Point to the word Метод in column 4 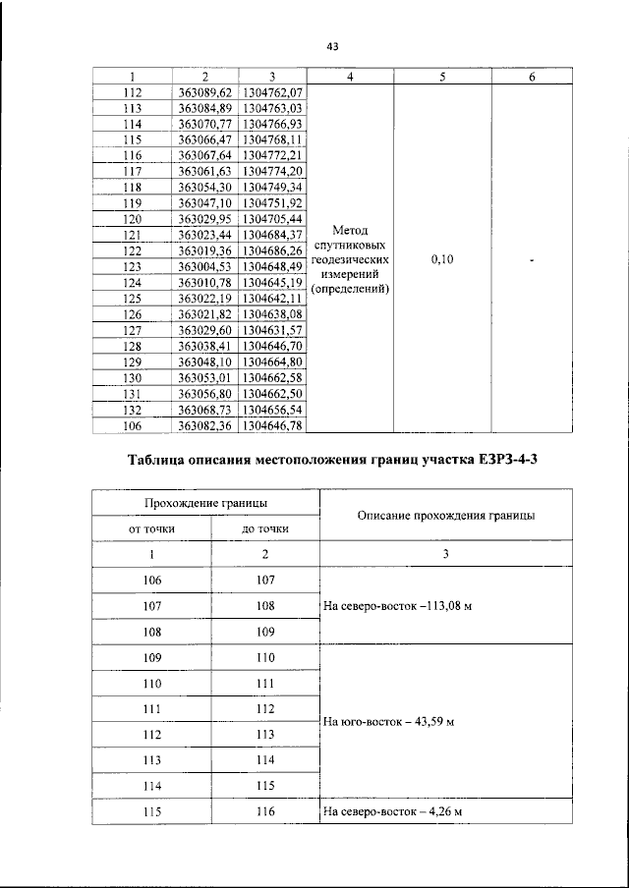pyautogui.click(x=351, y=230)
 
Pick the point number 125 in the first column pyautogui.click(x=133, y=297)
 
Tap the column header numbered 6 pyautogui.click(x=531, y=77)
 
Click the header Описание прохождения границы pyautogui.click(x=446, y=515)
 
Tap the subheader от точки pyautogui.click(x=151, y=528)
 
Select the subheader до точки pyautogui.click(x=264, y=528)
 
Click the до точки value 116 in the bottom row pyautogui.click(x=264, y=811)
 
